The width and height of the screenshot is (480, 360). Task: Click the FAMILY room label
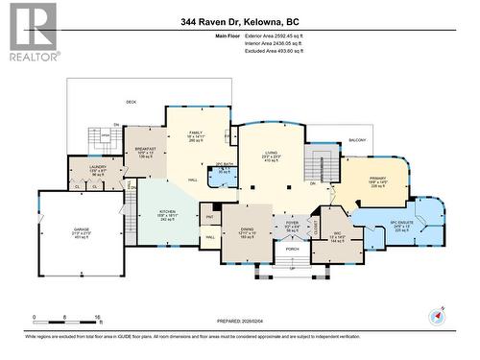point(197,133)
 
